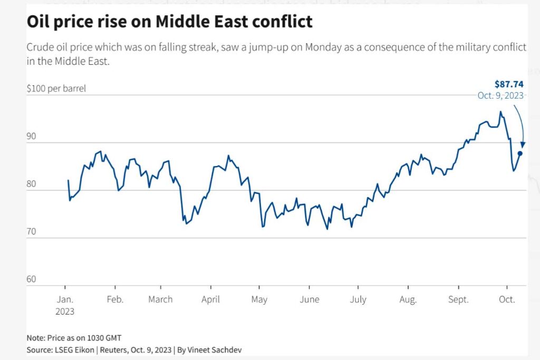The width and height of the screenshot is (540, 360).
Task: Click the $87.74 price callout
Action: [x=508, y=84]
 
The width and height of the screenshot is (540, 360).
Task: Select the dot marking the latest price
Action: [x=520, y=153]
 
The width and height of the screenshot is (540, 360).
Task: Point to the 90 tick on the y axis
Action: [x=31, y=137]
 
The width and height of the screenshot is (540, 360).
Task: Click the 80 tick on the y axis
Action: [x=31, y=184]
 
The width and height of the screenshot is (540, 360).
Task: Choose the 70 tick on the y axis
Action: [x=31, y=231]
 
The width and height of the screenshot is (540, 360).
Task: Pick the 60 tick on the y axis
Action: [x=31, y=279]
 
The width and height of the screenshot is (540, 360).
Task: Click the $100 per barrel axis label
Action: [x=56, y=89]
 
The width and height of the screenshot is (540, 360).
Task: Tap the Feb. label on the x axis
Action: [x=115, y=299]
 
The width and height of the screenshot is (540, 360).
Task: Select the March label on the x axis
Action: [x=160, y=299]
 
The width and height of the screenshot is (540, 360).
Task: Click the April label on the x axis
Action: [x=210, y=299]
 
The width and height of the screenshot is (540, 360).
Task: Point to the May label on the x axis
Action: [x=259, y=299]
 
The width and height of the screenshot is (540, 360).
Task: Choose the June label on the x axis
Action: [x=309, y=299]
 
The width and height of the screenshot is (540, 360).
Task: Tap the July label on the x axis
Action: [x=358, y=299]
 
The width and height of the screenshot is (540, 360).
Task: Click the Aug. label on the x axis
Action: [x=408, y=299]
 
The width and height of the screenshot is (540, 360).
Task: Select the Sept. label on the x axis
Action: [x=458, y=299]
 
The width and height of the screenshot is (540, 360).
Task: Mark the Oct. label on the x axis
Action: [x=507, y=299]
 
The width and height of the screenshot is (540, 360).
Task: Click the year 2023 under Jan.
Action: [x=65, y=311]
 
